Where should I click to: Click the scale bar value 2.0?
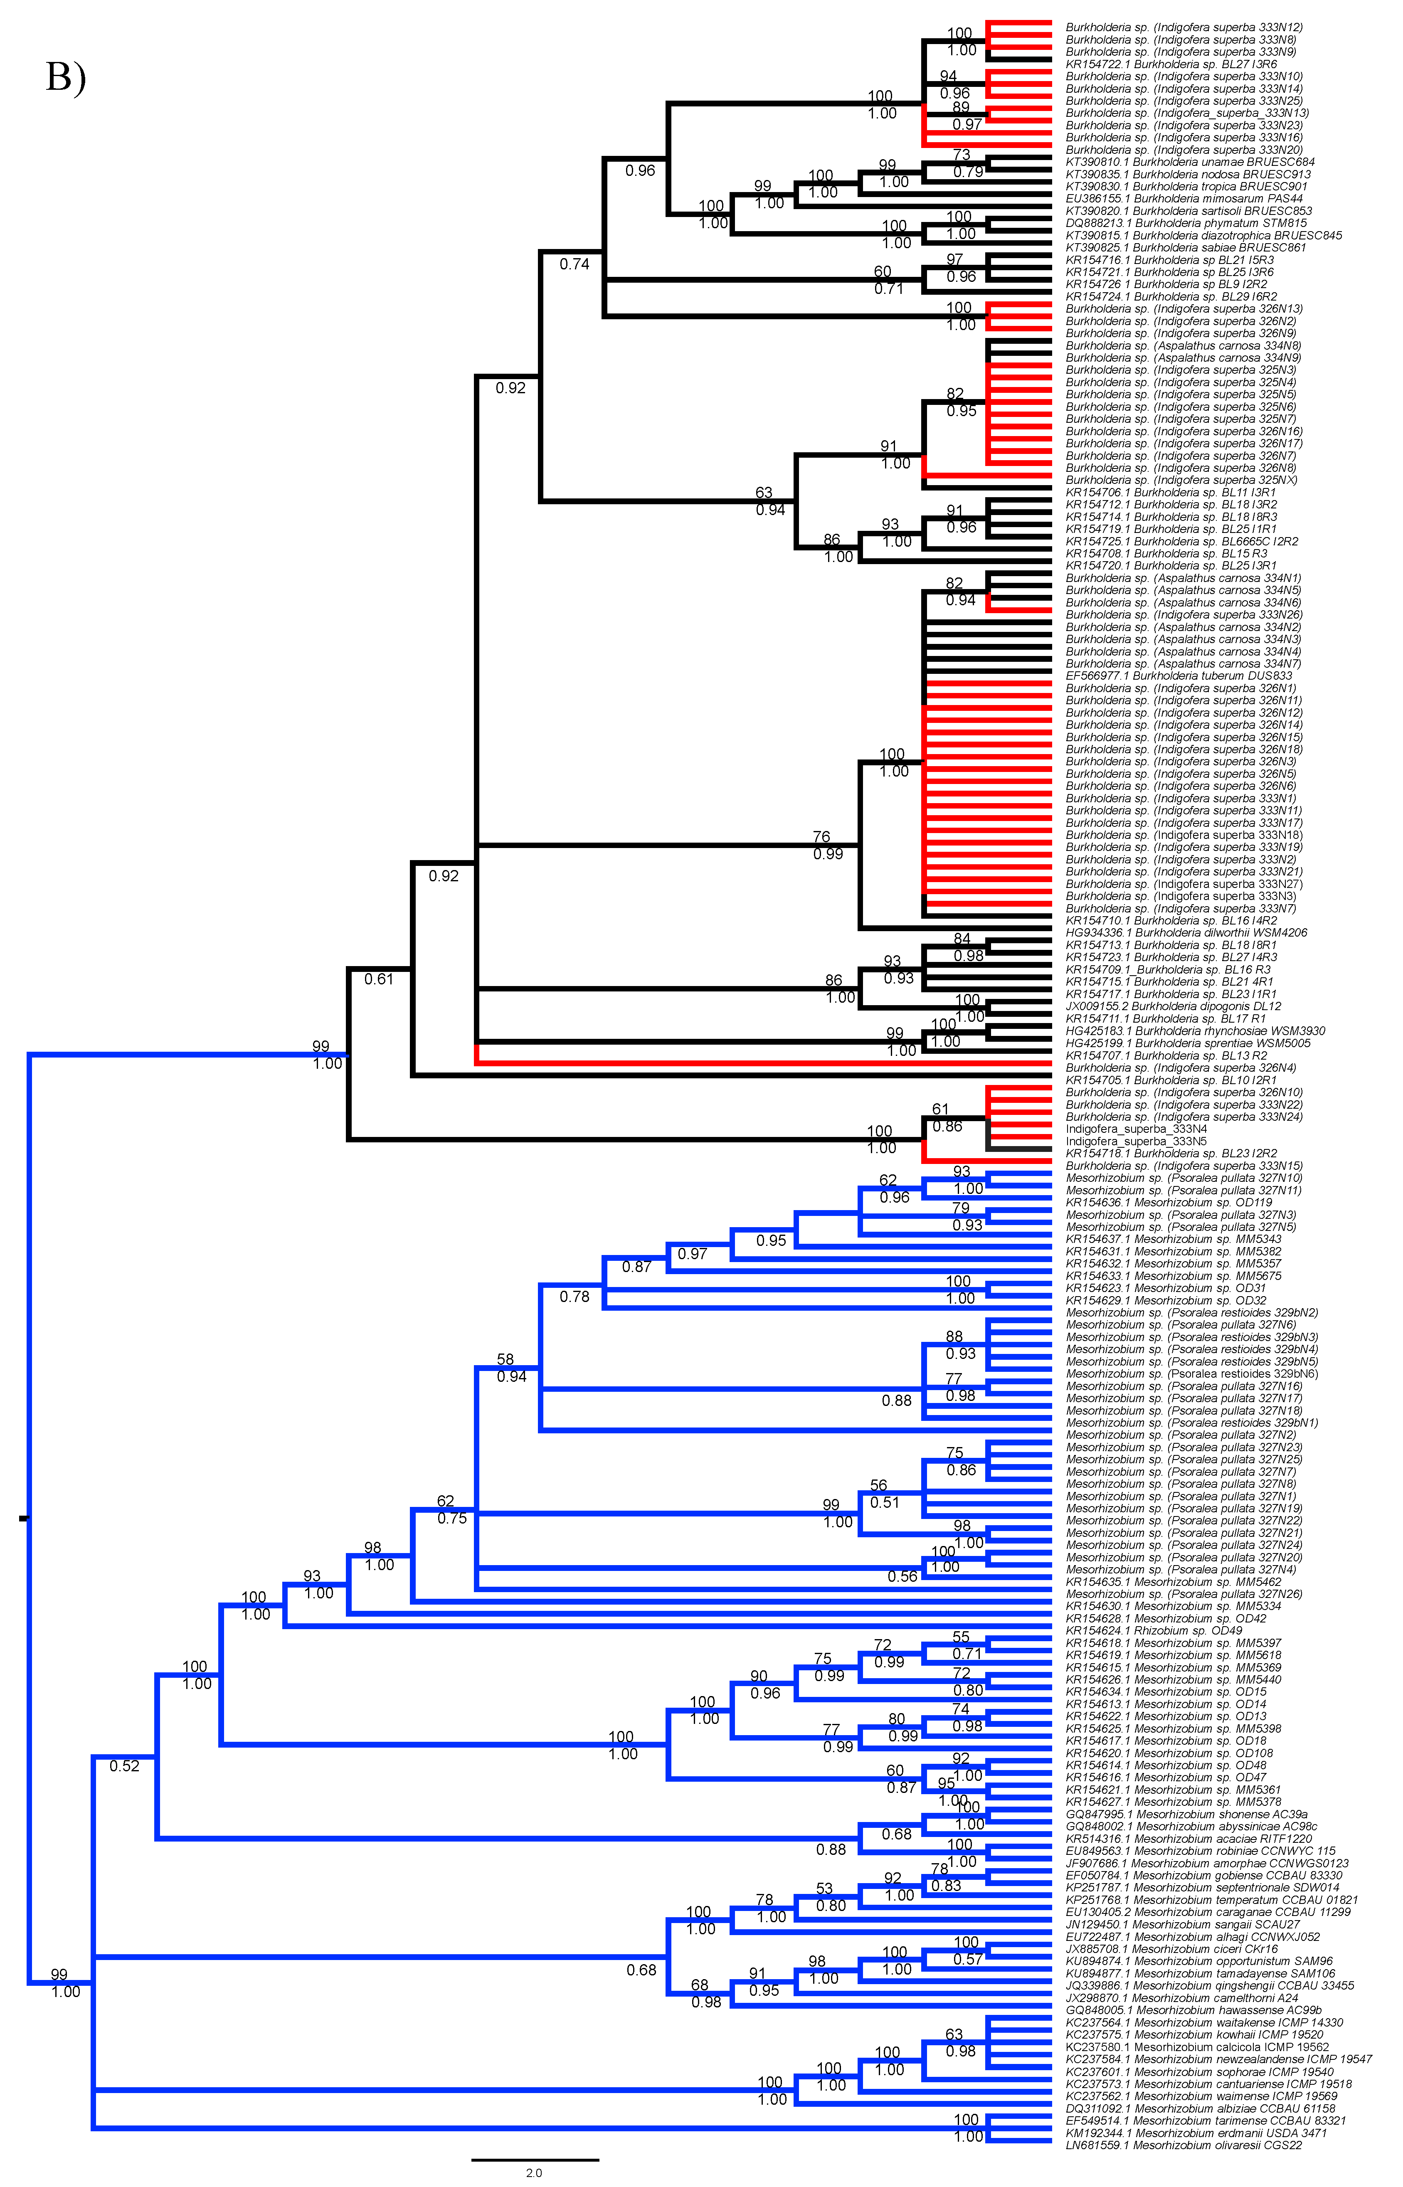(534, 2172)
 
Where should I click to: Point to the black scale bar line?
(535, 2159)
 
